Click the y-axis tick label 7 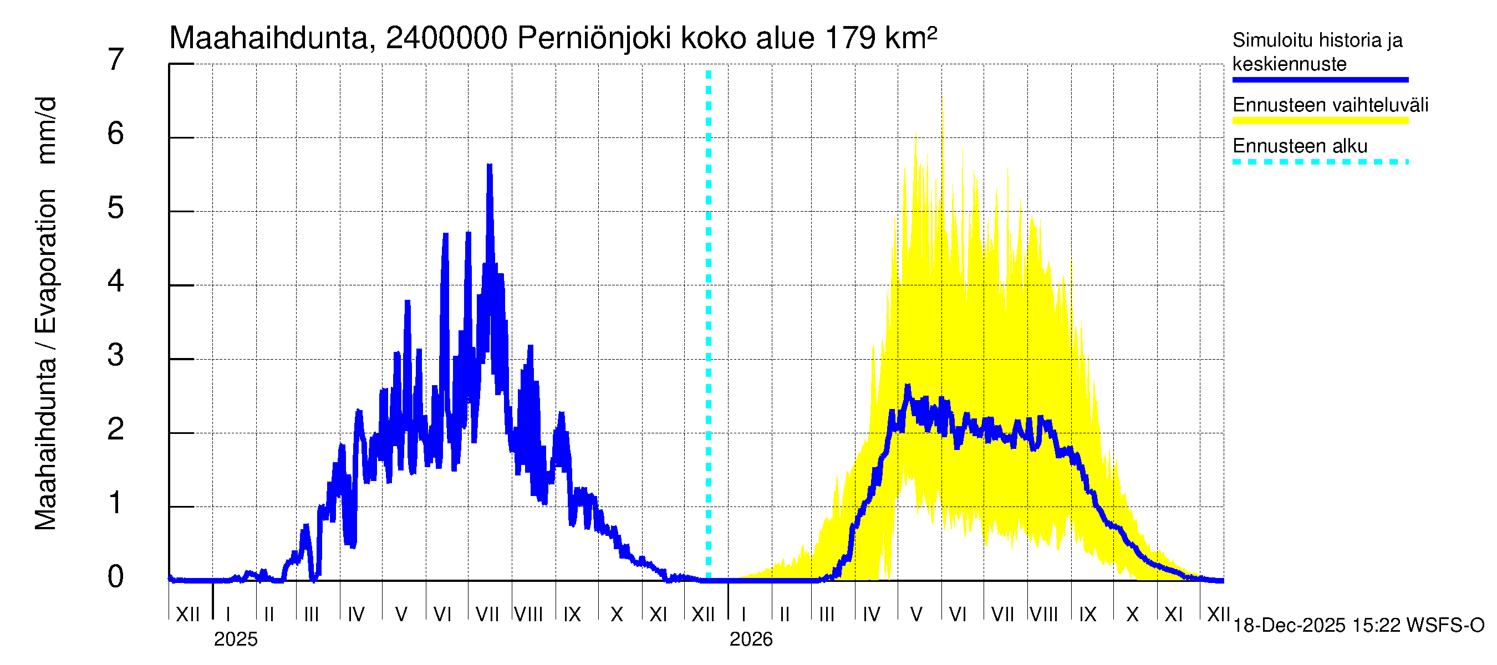[x=116, y=60]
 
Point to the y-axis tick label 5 [x=116, y=208]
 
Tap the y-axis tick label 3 [x=116, y=355]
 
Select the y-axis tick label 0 [x=116, y=577]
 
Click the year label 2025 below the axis [x=235, y=640]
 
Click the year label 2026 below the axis [x=751, y=640]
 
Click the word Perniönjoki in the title [x=593, y=38]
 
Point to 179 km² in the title [x=880, y=38]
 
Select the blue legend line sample [x=1320, y=80]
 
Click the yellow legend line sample [x=1320, y=121]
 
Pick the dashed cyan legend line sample [x=1320, y=162]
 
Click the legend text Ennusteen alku [x=1300, y=146]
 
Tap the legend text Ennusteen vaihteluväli [x=1330, y=105]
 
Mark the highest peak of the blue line [x=490, y=167]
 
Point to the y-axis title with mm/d [x=45, y=314]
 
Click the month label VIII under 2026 [x=1043, y=615]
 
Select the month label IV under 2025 [x=355, y=615]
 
